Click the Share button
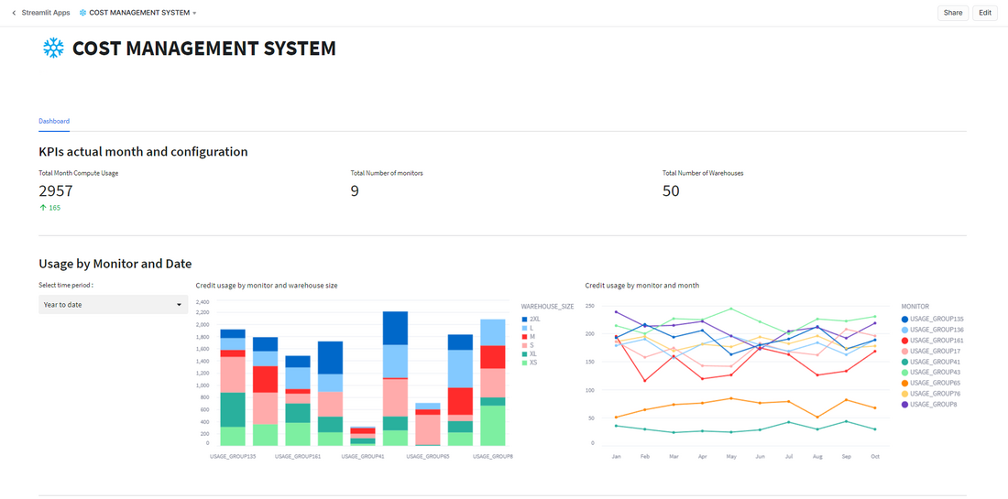pyautogui.click(x=953, y=13)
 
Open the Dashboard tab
pyautogui.click(x=54, y=121)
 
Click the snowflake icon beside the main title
pyautogui.click(x=53, y=49)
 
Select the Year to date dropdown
pyautogui.click(x=113, y=305)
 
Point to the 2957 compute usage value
pyautogui.click(x=56, y=190)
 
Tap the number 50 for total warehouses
pyautogui.click(x=671, y=190)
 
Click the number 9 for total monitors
pyautogui.click(x=355, y=190)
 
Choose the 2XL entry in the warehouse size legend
pyautogui.click(x=535, y=319)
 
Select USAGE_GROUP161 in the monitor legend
pyautogui.click(x=930, y=341)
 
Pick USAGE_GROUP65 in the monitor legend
pyautogui.click(x=929, y=383)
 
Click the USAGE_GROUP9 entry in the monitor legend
pyautogui.click(x=927, y=404)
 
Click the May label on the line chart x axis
pyautogui.click(x=731, y=456)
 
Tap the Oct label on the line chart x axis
pyautogui.click(x=875, y=456)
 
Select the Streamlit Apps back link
pyautogui.click(x=40, y=13)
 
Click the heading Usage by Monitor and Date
pyautogui.click(x=115, y=264)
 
